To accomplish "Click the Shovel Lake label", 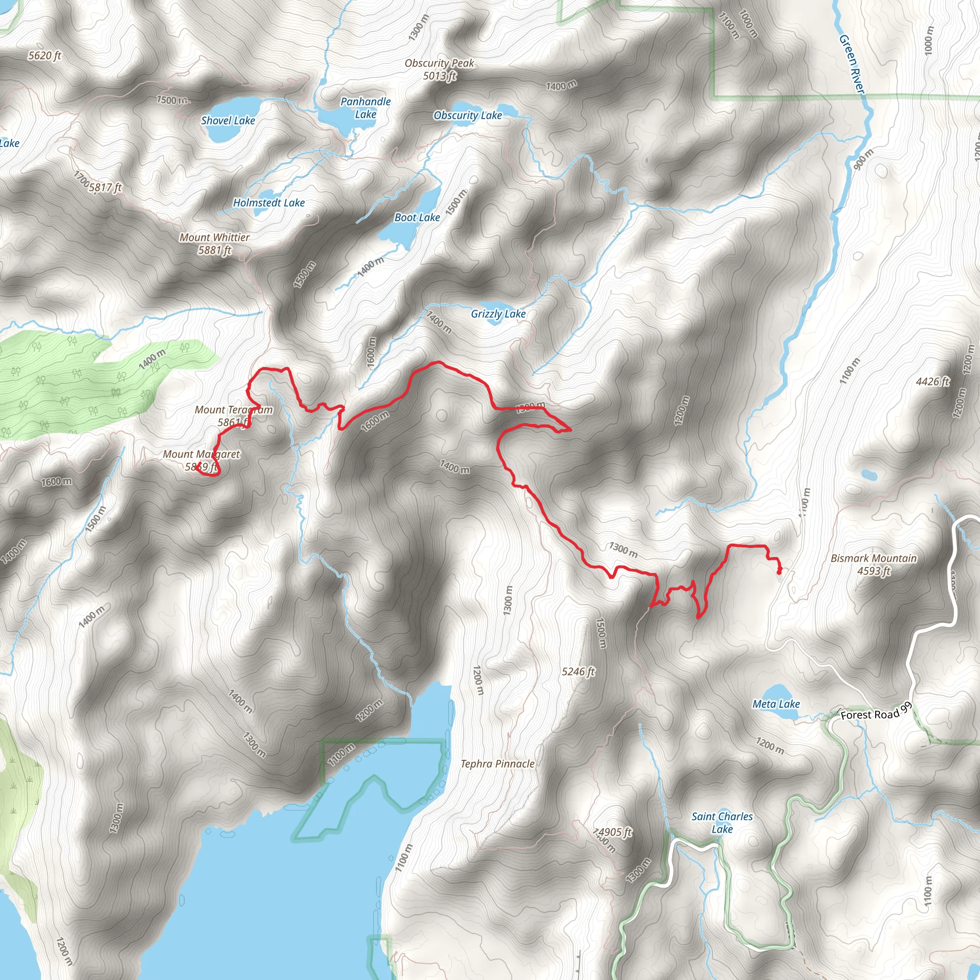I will point(228,121).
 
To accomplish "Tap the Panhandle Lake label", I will point(365,108).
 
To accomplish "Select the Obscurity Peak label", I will point(439,69).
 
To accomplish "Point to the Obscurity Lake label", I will point(467,116).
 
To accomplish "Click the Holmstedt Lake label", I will point(269,203).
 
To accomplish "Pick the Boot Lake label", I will point(417,218).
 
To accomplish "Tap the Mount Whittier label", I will point(214,244).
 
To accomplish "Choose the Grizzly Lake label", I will point(498,314).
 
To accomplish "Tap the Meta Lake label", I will point(776,704).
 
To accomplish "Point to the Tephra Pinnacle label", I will point(497,764).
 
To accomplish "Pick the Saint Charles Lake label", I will point(722,823).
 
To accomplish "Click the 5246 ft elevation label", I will point(578,671).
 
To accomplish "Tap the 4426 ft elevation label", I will point(932,381).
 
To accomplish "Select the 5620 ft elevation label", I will point(45,56).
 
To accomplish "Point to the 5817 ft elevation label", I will point(105,188).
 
